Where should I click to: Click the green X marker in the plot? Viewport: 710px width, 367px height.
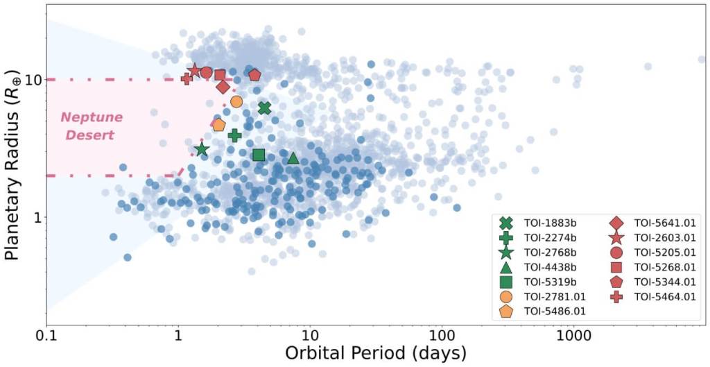pos(264,108)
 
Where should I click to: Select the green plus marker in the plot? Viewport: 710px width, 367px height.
pos(235,135)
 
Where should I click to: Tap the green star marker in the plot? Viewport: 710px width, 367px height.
pos(202,150)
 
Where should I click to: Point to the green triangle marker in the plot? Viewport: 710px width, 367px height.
pos(293,158)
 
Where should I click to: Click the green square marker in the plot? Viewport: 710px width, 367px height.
pos(259,155)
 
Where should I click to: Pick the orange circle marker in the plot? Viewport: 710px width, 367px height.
pos(236,101)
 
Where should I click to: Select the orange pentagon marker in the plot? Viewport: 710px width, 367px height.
pos(219,125)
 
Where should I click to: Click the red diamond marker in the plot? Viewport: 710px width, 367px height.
pos(223,87)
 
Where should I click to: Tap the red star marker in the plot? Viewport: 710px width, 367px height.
pos(195,70)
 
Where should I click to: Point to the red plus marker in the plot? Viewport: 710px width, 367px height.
pos(187,79)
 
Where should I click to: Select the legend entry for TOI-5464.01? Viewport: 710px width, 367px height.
pos(666,297)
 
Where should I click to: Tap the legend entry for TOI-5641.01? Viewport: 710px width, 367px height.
pos(666,223)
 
